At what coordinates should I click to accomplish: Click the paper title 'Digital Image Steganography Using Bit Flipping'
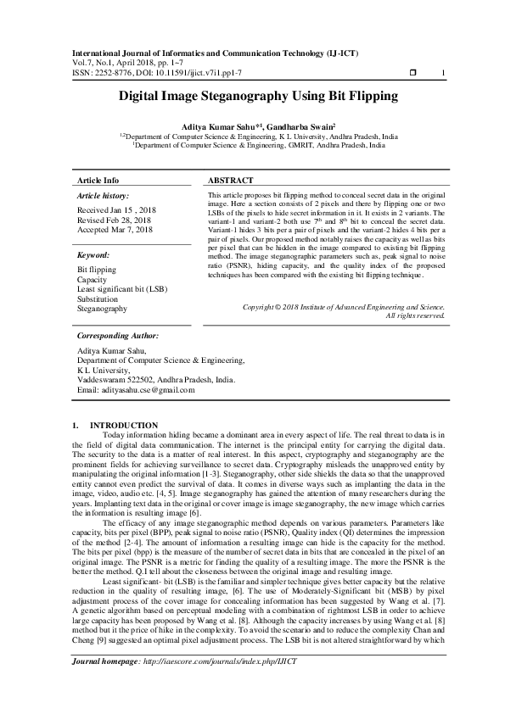tap(252, 98)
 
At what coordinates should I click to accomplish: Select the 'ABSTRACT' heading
tap(230, 181)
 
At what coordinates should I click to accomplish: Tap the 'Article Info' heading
tap(98, 181)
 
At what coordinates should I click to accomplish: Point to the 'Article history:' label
tap(102, 195)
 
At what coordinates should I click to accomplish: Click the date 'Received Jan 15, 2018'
tap(115, 209)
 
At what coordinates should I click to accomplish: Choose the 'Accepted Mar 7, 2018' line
tap(115, 230)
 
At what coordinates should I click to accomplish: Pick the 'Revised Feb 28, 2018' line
tap(114, 220)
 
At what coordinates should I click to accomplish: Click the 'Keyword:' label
tap(93, 254)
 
